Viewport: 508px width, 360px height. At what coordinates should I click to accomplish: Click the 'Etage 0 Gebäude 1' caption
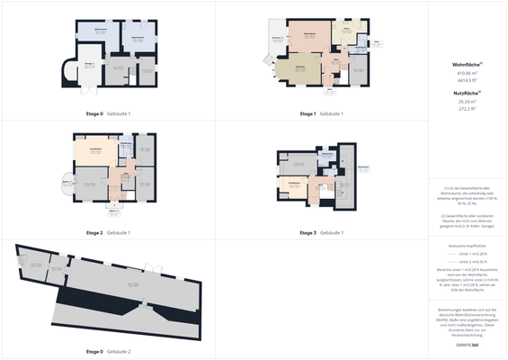pyautogui.click(x=108, y=114)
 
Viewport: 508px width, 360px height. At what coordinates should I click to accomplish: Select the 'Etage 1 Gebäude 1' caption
pyautogui.click(x=321, y=114)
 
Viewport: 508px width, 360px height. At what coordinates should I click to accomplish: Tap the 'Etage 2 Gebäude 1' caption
pyautogui.click(x=108, y=233)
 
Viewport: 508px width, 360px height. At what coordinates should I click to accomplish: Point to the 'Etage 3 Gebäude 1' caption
pyautogui.click(x=321, y=233)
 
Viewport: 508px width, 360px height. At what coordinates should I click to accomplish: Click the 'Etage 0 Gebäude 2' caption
pyautogui.click(x=108, y=351)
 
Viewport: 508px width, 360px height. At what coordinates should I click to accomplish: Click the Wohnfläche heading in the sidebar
pyautogui.click(x=468, y=66)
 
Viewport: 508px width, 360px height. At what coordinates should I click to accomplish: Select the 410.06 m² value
pyautogui.click(x=468, y=74)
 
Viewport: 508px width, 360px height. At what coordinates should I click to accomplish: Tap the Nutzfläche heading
pyautogui.click(x=468, y=93)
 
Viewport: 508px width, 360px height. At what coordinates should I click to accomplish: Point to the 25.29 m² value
pyautogui.click(x=468, y=102)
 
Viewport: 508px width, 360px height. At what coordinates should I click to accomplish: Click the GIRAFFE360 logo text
pyautogui.click(x=468, y=345)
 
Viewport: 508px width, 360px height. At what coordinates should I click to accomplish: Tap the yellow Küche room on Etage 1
pyautogui.click(x=341, y=35)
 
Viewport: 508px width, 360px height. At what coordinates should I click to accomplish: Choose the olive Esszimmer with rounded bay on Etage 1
pyautogui.click(x=294, y=69)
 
